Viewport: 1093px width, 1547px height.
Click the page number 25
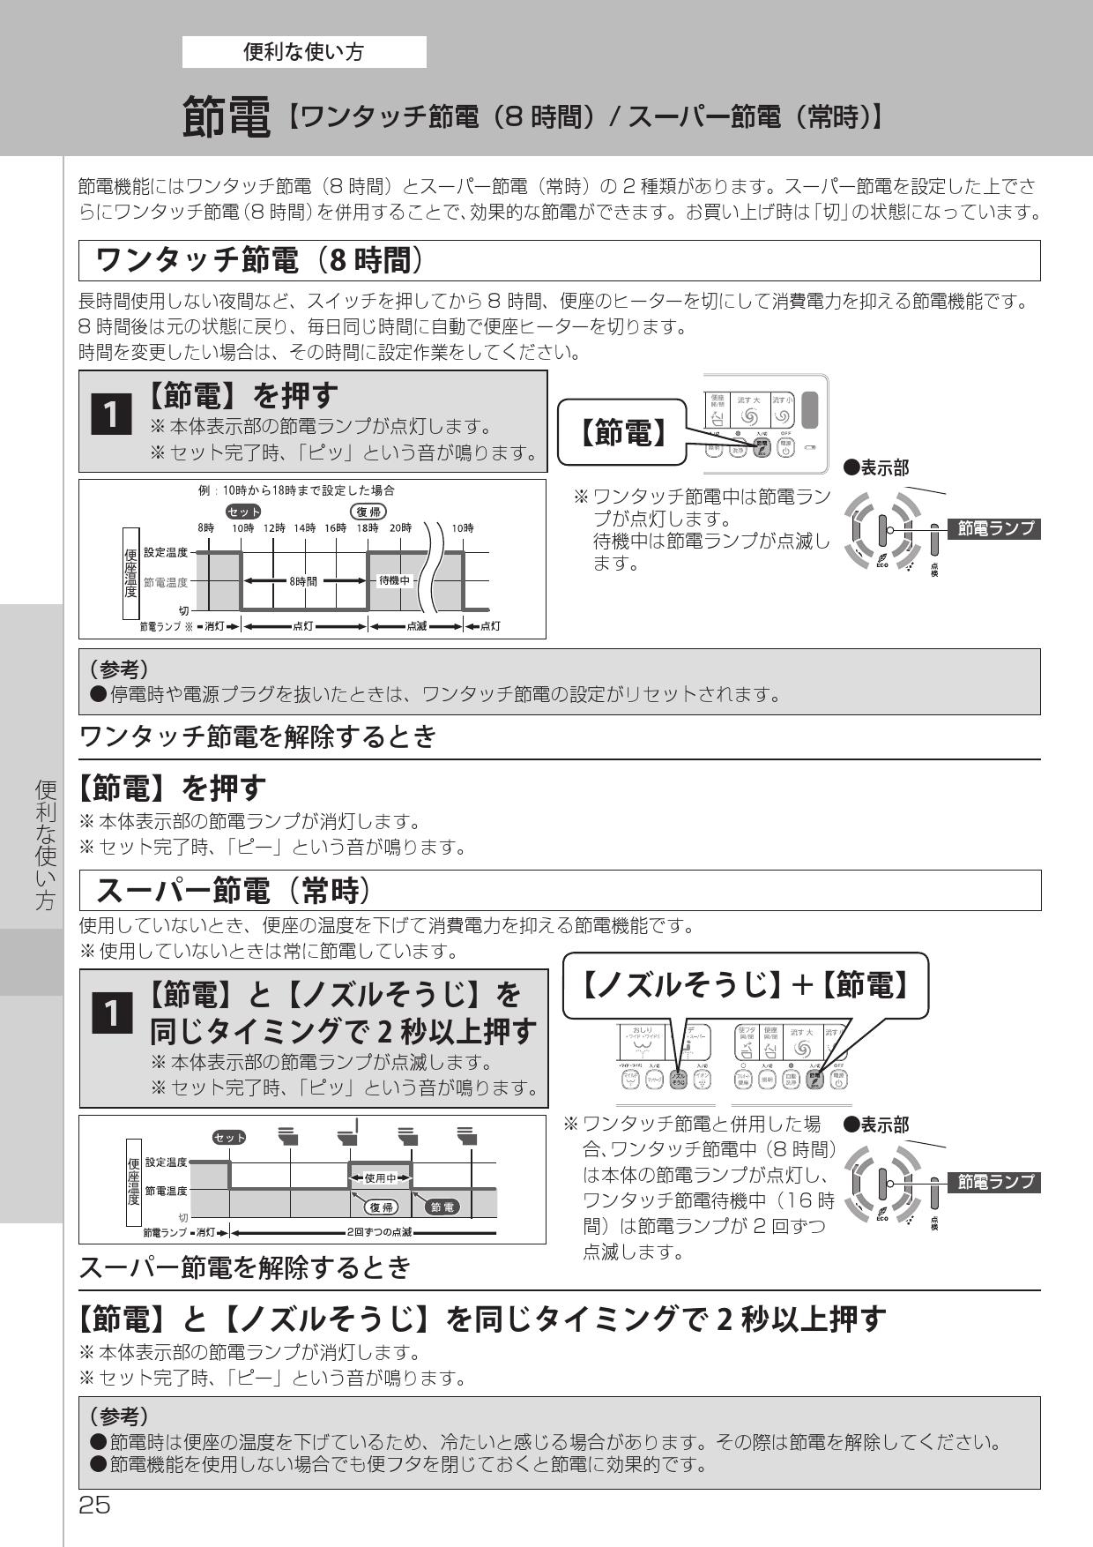(x=94, y=1505)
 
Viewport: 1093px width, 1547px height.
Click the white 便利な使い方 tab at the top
(x=304, y=52)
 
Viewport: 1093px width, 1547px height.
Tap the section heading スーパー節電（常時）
(x=232, y=891)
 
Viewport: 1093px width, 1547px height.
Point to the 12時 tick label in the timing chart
(x=274, y=527)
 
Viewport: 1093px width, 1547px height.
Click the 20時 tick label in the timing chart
(x=399, y=527)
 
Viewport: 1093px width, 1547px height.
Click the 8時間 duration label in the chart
(x=303, y=581)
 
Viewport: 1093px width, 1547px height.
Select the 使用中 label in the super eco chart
(x=381, y=1177)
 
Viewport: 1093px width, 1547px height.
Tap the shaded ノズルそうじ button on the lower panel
(x=678, y=1080)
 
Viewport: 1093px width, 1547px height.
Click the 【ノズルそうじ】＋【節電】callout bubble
(x=746, y=985)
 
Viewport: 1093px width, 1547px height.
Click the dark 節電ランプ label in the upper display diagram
(x=993, y=529)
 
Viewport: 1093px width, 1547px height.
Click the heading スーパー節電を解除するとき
(x=245, y=1267)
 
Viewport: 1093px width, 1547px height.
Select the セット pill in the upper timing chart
(x=243, y=512)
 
